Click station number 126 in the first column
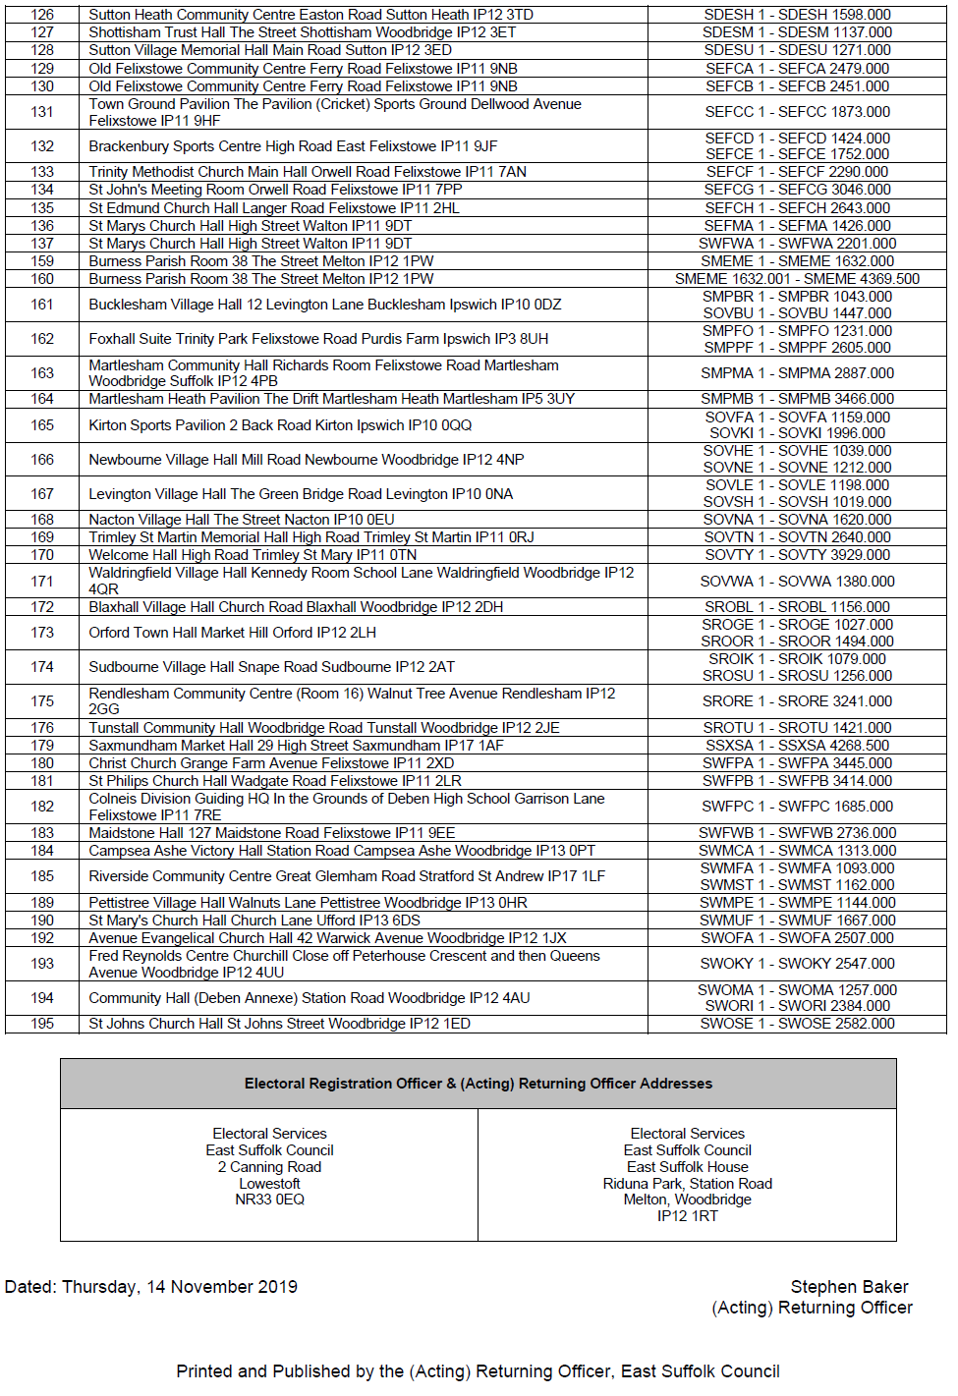click(42, 15)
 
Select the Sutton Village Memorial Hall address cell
click(270, 50)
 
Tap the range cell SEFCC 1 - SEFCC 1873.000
click(797, 112)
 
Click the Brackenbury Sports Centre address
click(293, 146)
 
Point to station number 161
click(42, 305)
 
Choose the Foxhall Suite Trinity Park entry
click(318, 339)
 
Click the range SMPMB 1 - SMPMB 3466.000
click(797, 399)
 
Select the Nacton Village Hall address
click(242, 520)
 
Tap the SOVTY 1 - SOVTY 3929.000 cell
click(797, 555)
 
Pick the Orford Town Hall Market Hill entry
click(233, 633)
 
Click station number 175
click(42, 701)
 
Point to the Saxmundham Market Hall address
click(296, 746)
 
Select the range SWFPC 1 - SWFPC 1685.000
click(797, 807)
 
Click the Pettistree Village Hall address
click(308, 903)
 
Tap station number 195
click(42, 1024)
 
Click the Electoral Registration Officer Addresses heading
click(479, 1084)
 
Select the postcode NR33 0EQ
click(269, 1200)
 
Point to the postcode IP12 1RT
click(687, 1216)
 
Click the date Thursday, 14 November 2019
click(180, 1287)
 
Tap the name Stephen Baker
click(849, 1287)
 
